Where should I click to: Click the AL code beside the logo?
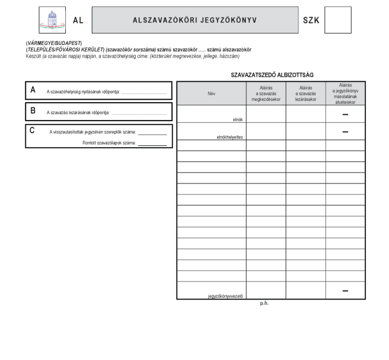pos(78,20)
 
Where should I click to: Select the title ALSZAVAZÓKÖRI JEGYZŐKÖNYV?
pos(195,20)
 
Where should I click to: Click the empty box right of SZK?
pos(338,20)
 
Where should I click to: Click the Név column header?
pos(211,93)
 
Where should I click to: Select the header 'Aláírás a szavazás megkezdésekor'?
pos(266,93)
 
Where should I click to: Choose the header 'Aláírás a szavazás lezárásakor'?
pos(305,93)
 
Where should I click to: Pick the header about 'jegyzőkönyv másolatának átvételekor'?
pos(345,93)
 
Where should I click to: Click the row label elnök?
pos(237,119)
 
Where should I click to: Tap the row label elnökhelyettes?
pos(229,137)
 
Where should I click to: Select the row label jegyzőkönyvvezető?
pos(226,297)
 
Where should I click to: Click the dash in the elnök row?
pos(345,114)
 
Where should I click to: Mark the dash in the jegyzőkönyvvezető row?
pos(345,290)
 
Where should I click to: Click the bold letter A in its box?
pos(33,89)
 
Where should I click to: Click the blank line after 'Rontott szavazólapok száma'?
pos(152,144)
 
